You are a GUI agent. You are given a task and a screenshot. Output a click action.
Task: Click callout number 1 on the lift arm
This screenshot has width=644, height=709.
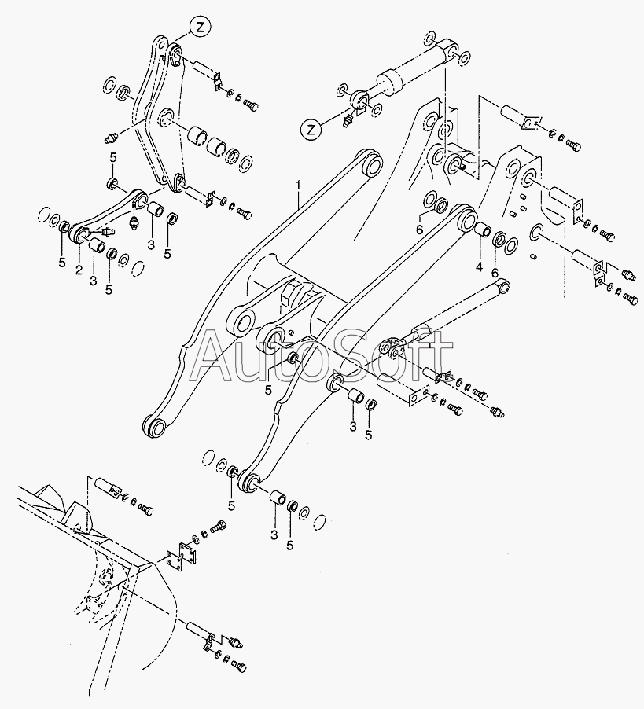pyautogui.click(x=298, y=186)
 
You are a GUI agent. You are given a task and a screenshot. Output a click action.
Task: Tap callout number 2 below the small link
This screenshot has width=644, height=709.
pyautogui.click(x=79, y=270)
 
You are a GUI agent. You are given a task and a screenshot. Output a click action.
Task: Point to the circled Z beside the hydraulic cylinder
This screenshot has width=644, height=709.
pyautogui.click(x=313, y=128)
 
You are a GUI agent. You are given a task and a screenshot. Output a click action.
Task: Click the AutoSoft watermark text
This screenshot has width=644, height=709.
pyautogui.click(x=322, y=357)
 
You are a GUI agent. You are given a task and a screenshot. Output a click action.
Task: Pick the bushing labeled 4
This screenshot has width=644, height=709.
pyautogui.click(x=482, y=232)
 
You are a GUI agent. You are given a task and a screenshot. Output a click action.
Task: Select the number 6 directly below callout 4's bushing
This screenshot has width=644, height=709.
pyautogui.click(x=495, y=272)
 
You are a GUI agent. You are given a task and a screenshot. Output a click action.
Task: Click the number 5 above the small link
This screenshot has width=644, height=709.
pyautogui.click(x=112, y=160)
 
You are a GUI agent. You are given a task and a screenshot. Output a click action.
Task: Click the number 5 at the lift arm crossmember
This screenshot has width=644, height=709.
pyautogui.click(x=268, y=389)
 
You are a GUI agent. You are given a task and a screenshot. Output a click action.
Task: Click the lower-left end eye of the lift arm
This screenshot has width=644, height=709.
pyautogui.click(x=154, y=428)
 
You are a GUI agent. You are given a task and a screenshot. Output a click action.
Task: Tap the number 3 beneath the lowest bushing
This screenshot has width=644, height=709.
pyautogui.click(x=274, y=536)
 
